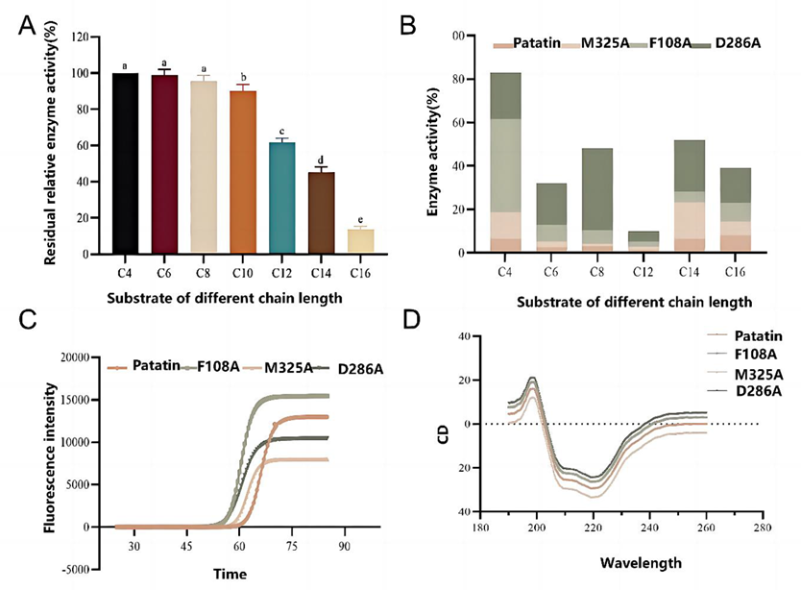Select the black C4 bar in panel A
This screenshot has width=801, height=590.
[125, 163]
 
